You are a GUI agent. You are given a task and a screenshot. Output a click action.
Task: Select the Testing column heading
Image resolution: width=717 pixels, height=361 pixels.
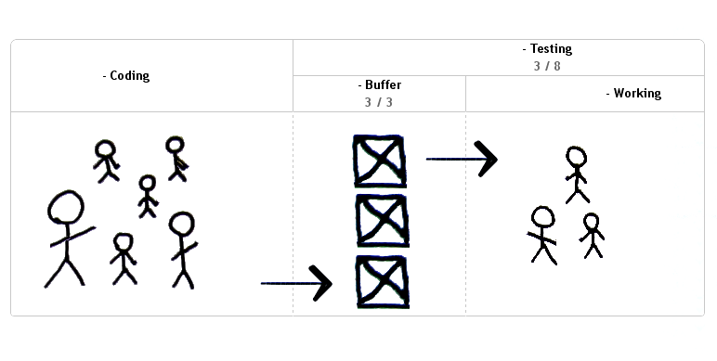(x=547, y=48)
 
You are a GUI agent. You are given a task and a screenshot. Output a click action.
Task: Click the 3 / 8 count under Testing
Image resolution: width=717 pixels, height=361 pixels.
(x=547, y=66)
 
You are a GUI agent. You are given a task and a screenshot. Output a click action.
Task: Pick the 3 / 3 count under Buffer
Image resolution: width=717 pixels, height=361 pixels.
(x=379, y=102)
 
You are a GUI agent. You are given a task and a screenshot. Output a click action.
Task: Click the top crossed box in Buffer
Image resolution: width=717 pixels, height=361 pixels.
(x=380, y=161)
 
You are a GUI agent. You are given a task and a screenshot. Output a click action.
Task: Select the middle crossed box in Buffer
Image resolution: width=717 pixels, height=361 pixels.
(x=382, y=221)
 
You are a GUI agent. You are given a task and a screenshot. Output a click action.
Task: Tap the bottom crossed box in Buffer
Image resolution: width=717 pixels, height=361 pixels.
(x=382, y=281)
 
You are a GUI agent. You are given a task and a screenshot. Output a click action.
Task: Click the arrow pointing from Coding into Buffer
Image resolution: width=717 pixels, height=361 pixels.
(x=296, y=283)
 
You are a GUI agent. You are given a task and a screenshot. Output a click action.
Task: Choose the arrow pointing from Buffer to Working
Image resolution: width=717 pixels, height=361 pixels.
(x=462, y=159)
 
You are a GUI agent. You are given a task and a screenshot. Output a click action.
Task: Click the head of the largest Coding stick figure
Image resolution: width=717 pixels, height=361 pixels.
(x=65, y=207)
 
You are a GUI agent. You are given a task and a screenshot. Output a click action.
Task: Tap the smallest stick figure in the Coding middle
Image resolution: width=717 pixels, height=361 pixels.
(x=148, y=196)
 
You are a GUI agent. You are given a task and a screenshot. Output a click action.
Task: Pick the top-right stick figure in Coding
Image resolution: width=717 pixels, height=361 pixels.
(x=176, y=158)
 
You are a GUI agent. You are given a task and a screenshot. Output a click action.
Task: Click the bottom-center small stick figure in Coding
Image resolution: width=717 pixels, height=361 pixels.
(x=124, y=257)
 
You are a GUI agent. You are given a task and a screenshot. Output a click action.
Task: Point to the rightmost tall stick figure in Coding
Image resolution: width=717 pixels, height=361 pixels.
(x=182, y=249)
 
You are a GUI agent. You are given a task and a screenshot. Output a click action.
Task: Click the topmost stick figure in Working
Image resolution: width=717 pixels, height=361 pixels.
(x=577, y=174)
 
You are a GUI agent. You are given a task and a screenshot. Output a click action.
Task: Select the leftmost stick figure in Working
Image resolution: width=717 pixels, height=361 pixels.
(x=541, y=234)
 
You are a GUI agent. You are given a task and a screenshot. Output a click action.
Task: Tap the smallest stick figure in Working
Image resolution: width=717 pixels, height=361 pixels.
(x=591, y=235)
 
